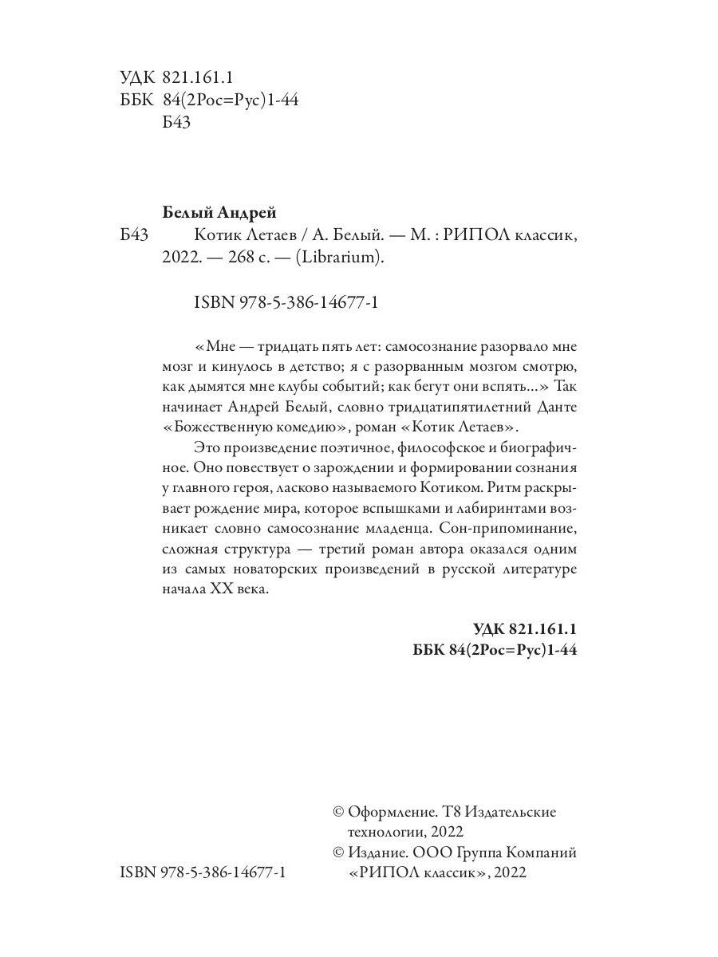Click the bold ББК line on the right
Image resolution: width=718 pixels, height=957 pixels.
click(x=495, y=651)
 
